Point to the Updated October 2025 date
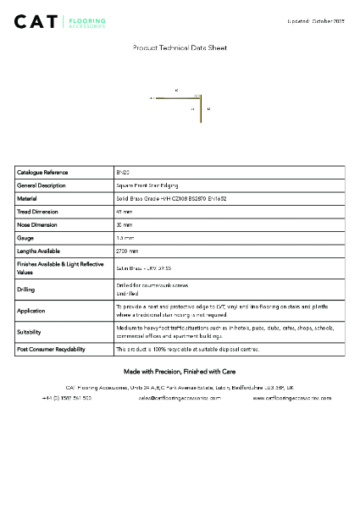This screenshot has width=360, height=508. coord(316,19)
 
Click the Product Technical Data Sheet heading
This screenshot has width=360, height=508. coord(180,48)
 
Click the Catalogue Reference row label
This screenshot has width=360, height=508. coord(43,172)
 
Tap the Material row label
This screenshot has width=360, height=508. coord(30,198)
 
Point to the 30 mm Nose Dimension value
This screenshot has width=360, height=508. coord(125,225)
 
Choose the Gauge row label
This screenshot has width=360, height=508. coord(26,238)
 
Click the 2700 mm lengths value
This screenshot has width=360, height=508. coord(127,251)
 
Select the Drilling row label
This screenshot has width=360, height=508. coord(26,289)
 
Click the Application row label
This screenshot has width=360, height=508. coord(31,311)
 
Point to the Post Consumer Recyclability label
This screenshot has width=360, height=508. coord(51,349)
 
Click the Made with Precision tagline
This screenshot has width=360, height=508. coord(180,372)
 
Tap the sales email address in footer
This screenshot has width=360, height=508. coord(179,397)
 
